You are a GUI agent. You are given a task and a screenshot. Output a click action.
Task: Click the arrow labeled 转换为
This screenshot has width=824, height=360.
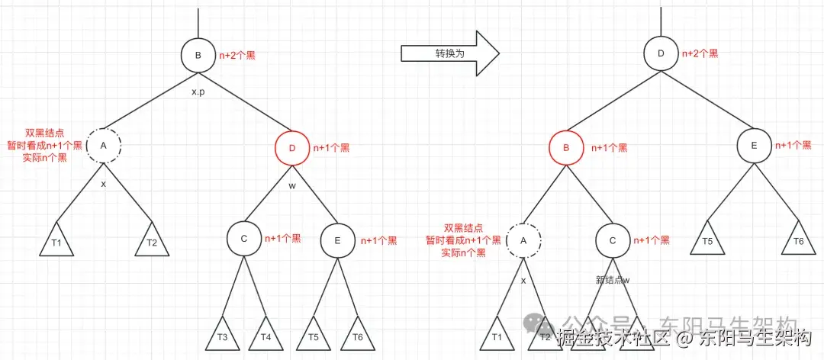pyautogui.click(x=449, y=53)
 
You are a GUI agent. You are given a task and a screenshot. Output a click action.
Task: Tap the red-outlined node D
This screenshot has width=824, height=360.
pyautogui.click(x=291, y=148)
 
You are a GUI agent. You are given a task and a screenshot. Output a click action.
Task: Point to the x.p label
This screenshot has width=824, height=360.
pyautogui.click(x=198, y=92)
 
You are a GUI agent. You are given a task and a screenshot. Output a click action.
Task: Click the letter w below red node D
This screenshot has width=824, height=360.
pyautogui.click(x=291, y=185)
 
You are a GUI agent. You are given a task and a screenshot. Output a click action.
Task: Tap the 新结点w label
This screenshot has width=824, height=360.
pyautogui.click(x=613, y=280)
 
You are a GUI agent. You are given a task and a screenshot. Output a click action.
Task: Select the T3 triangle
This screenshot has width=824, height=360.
pyautogui.click(x=222, y=336)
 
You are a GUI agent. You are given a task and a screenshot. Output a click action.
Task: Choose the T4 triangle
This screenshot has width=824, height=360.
pyautogui.click(x=265, y=336)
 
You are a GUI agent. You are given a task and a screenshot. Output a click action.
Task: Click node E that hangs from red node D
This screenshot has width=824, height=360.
pyautogui.click(x=337, y=239)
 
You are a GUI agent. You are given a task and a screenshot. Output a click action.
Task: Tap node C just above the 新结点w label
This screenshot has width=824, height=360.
pyautogui.click(x=613, y=239)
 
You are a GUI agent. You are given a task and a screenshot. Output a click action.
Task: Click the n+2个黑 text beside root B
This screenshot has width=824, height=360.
pyautogui.click(x=238, y=55)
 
